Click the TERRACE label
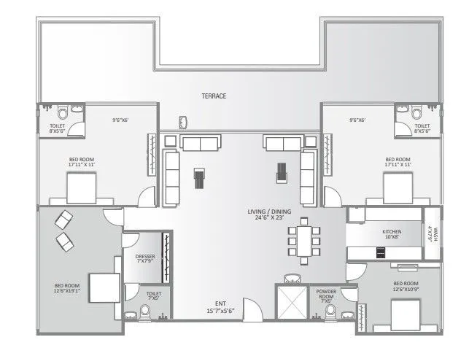214,96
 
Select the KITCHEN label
392,231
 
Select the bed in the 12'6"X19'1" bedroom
104,286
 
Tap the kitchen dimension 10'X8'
392,237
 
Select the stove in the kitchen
380,252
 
